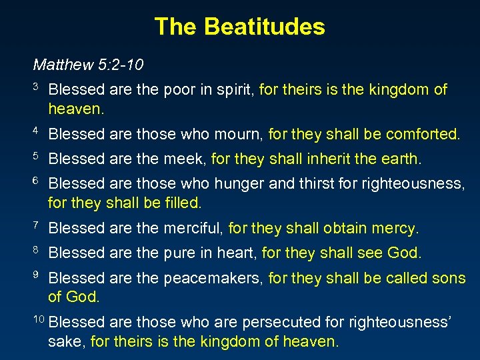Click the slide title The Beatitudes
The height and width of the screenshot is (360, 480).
point(239,27)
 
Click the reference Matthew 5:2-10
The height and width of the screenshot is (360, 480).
point(89,65)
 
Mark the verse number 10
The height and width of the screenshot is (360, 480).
point(39,319)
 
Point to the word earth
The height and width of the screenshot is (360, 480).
point(401,159)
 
